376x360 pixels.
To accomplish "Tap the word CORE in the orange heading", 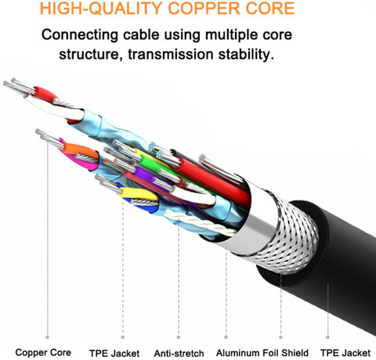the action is point(269,8).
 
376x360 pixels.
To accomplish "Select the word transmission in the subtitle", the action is point(171,54).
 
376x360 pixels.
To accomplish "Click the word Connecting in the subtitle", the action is point(80,35).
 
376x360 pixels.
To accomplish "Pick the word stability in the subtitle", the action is point(246,55).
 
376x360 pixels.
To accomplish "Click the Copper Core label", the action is point(43,352).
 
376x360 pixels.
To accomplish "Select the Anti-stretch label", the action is point(179,354).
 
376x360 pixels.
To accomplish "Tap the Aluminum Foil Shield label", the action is point(262,353).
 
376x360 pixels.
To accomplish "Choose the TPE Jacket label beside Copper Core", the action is point(114,354).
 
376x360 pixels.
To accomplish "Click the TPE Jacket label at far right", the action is point(345,353).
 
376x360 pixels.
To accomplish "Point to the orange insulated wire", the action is point(80,149).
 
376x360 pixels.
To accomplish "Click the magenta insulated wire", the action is point(81,161).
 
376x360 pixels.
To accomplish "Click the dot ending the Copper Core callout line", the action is point(47,337).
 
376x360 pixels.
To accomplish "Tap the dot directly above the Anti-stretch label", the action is point(179,337).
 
